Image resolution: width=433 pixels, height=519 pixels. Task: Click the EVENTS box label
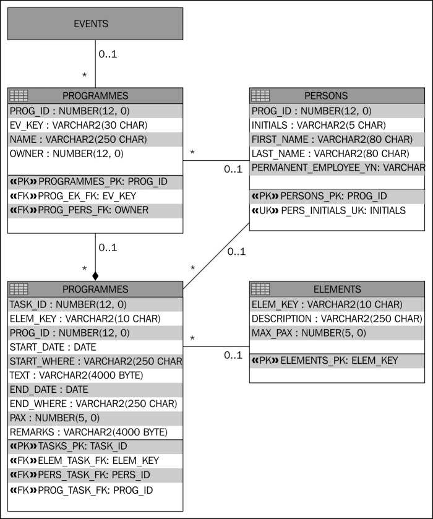pyautogui.click(x=91, y=24)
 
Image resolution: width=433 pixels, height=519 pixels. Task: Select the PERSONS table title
pyautogui.click(x=326, y=96)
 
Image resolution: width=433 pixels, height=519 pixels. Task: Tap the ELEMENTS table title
pyautogui.click(x=337, y=290)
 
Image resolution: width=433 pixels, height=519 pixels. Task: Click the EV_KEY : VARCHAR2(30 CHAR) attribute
pyautogui.click(x=79, y=125)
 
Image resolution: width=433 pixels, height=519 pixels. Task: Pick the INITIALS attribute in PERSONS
pyautogui.click(x=319, y=125)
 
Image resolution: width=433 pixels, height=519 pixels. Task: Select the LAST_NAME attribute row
pyautogui.click(x=330, y=153)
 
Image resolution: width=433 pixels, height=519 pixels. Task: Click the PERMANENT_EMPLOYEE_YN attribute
pyautogui.click(x=338, y=168)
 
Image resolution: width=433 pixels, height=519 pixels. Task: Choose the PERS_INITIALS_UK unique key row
pyautogui.click(x=328, y=210)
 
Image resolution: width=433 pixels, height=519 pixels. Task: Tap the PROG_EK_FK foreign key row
pyautogui.click(x=73, y=196)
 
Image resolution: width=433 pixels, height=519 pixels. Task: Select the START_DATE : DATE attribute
pyautogui.click(x=53, y=347)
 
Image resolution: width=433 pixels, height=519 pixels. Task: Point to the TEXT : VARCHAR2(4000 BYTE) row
pyautogui.click(x=77, y=375)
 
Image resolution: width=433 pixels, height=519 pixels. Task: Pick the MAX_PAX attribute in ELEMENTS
pyautogui.click(x=309, y=333)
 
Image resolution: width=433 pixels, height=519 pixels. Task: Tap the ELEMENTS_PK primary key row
pyautogui.click(x=325, y=360)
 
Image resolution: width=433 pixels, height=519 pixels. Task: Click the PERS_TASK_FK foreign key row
pyautogui.click(x=80, y=474)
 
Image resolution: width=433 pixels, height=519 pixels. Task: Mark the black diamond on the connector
pyautogui.click(x=95, y=276)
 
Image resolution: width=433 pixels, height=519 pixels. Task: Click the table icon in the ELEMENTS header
pyautogui.click(x=260, y=290)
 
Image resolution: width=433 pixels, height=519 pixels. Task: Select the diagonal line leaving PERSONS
pyautogui.click(x=216, y=256)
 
